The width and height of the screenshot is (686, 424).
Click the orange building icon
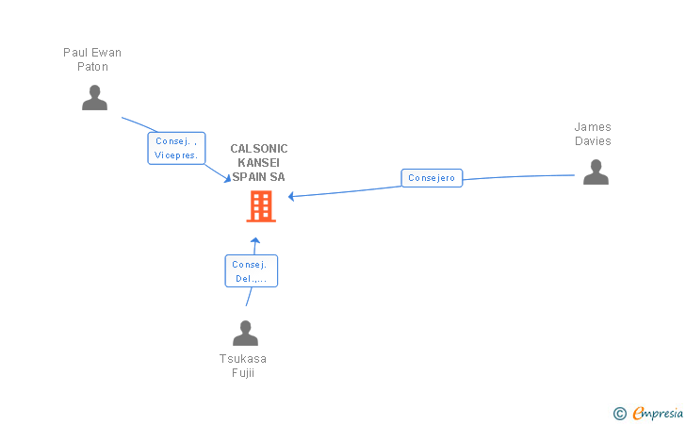[261, 206]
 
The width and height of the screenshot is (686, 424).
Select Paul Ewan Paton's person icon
[94, 98]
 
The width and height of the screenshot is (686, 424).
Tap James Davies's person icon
[596, 172]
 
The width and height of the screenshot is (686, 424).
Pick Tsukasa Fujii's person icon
[245, 334]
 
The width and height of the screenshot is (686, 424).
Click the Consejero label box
[432, 178]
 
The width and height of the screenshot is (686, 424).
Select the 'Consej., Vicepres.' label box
[176, 148]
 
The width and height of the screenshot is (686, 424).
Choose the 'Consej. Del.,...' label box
[251, 271]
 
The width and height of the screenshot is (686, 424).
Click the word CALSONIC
[259, 149]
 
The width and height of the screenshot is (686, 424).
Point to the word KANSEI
[259, 163]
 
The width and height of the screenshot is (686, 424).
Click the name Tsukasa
[243, 359]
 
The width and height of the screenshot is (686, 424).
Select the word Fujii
[243, 372]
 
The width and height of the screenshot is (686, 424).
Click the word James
[593, 127]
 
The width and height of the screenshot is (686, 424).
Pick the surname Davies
[593, 141]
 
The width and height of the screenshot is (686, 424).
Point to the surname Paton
[92, 67]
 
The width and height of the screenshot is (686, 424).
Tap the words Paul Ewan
[92, 53]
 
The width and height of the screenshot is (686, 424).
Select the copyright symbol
[619, 413]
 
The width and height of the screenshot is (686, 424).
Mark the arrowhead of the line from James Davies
[292, 196]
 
